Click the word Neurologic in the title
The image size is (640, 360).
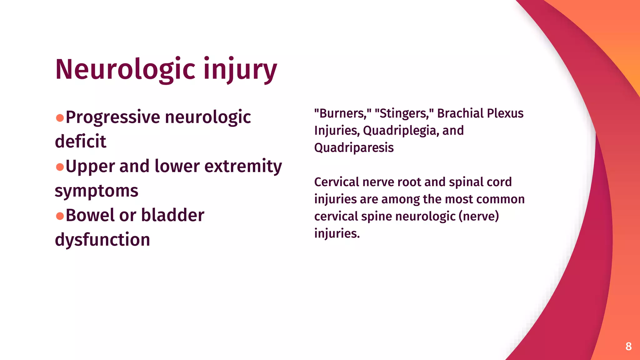[x=125, y=69]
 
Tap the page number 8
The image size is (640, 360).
[x=628, y=346]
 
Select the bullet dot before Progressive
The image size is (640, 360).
[x=60, y=118]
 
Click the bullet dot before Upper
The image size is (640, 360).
[x=60, y=167]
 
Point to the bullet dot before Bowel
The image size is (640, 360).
[x=60, y=216]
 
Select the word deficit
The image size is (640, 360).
[x=81, y=141]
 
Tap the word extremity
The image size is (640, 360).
[x=243, y=166]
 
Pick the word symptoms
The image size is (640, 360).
[x=97, y=191]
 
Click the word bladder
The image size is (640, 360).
[x=172, y=215]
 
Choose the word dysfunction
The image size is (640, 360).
[x=102, y=240]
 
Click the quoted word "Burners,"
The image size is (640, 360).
[x=343, y=113]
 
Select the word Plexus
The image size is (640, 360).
[x=505, y=113]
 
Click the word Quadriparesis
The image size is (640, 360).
[x=354, y=148]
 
